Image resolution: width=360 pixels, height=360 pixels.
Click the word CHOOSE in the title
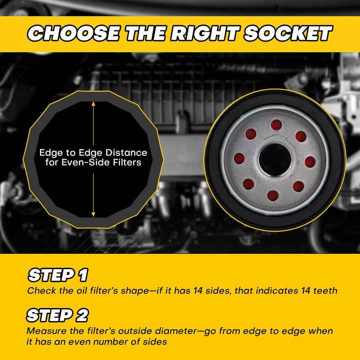point(73,33)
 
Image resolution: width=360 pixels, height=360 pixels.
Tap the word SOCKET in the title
point(288,33)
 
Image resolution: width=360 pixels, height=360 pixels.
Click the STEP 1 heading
point(58,274)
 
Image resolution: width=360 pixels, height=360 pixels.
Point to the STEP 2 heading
point(57,315)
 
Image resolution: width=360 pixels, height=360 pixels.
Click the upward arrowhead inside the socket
point(93,104)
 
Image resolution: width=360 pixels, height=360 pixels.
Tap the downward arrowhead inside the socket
point(93,214)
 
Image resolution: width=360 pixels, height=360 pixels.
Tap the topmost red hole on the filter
point(276,125)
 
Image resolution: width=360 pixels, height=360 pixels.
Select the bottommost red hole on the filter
point(273,196)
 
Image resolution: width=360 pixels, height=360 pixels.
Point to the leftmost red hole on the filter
point(239,159)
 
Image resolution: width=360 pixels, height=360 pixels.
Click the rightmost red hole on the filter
point(310,162)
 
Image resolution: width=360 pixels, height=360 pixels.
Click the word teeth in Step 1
point(325,291)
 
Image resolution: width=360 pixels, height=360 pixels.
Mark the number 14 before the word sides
point(198,291)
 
